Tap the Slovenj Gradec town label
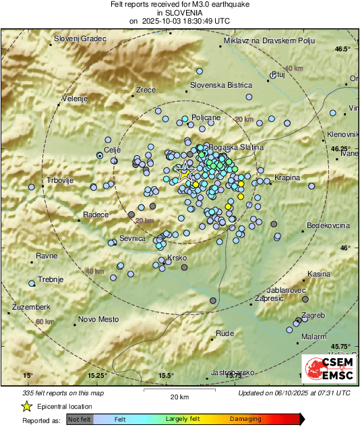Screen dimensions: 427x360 80,39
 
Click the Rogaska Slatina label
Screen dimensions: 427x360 235,147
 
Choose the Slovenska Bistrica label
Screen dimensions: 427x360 221,86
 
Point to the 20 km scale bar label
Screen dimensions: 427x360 179,396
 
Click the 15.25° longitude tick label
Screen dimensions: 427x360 97,376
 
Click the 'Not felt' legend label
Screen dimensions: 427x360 80,420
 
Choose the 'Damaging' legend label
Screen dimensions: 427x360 245,420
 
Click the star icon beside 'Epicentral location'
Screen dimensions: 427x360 26,406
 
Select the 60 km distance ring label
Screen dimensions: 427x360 44,322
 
